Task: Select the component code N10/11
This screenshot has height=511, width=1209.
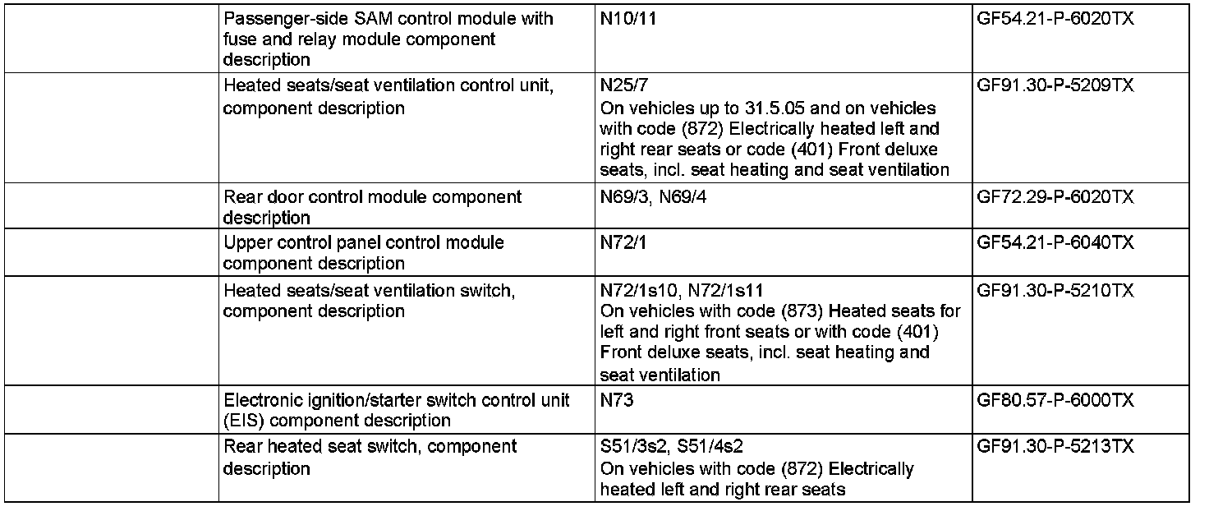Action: point(628,18)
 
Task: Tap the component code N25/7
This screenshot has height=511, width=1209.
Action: point(623,85)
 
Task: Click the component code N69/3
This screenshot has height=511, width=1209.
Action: point(625,197)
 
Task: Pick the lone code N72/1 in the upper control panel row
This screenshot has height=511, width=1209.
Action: point(623,242)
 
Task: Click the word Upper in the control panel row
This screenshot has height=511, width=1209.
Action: point(244,242)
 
